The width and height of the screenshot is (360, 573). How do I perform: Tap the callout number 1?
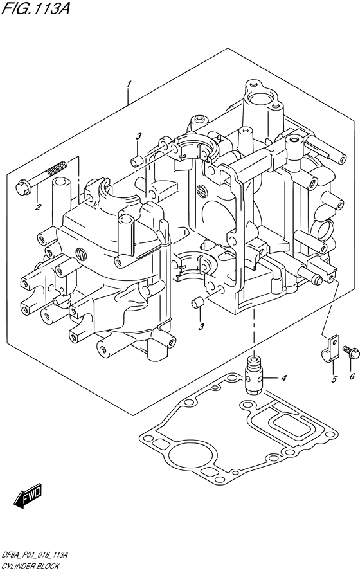[x=129, y=84]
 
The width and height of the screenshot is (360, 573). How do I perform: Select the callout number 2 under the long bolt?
[x=38, y=208]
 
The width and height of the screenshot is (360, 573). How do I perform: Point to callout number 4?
[x=284, y=377]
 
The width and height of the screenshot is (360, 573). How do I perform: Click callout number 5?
[x=334, y=380]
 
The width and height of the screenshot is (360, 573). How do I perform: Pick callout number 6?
[x=352, y=376]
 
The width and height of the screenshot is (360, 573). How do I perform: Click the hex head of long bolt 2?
[x=22, y=187]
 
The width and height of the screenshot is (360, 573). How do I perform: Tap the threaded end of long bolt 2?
[x=58, y=167]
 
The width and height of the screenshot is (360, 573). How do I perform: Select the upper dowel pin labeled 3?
[x=136, y=160]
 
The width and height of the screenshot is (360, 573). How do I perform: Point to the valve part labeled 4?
[x=253, y=377]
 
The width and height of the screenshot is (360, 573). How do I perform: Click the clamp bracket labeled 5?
[x=330, y=349]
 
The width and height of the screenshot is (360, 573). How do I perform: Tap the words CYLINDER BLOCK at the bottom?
[x=30, y=567]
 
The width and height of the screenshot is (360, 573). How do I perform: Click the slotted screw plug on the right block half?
[x=201, y=190]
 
